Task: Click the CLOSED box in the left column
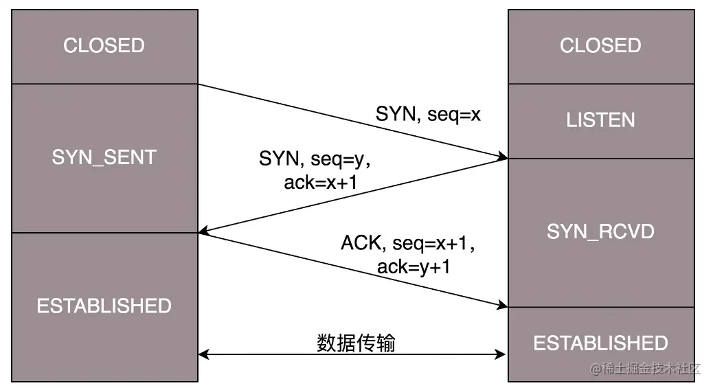click(x=104, y=46)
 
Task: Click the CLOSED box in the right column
click(x=600, y=46)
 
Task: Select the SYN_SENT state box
click(x=104, y=157)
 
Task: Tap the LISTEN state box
click(x=600, y=121)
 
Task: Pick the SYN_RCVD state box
click(x=600, y=232)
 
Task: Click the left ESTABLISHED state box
click(x=104, y=306)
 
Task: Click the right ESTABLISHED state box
click(x=600, y=343)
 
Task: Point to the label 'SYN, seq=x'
click(x=428, y=114)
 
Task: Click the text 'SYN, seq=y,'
click(x=315, y=159)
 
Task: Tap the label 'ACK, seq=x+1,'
click(x=408, y=243)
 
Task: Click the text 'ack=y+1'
click(x=414, y=266)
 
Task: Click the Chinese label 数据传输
click(x=356, y=343)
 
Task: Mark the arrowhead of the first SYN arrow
click(x=503, y=158)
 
